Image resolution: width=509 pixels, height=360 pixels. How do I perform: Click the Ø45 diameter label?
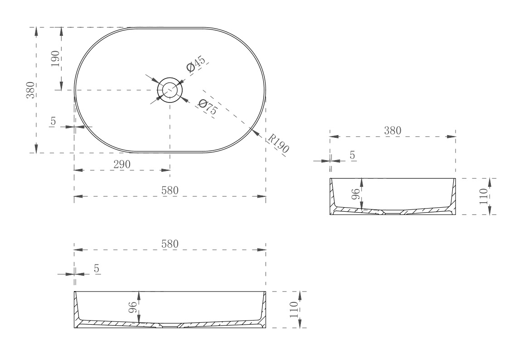pyautogui.click(x=196, y=64)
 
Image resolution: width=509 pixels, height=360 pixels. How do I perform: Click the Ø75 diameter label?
pyautogui.click(x=207, y=107)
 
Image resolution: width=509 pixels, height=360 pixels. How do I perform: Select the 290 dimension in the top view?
pyautogui.click(x=122, y=164)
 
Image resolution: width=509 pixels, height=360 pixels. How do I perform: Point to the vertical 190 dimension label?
pyautogui.click(x=55, y=59)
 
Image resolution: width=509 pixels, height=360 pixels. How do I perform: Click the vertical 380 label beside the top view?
pyautogui.click(x=31, y=90)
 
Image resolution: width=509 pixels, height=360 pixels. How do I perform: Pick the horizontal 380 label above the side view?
pyautogui.click(x=393, y=130)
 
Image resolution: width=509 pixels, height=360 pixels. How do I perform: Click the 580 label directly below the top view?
pyautogui.click(x=170, y=190)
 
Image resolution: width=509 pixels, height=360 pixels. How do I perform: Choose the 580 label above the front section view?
pyautogui.click(x=170, y=243)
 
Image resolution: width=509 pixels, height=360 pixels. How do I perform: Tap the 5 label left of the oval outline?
pyautogui.click(x=53, y=121)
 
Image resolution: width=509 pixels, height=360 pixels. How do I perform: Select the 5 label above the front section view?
pyautogui.click(x=96, y=268)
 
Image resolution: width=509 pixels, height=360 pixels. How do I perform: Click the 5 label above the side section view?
pyautogui.click(x=353, y=155)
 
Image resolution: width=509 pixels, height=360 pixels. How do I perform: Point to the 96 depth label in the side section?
pyautogui.click(x=356, y=195)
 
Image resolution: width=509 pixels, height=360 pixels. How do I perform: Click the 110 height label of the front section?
pyautogui.click(x=294, y=309)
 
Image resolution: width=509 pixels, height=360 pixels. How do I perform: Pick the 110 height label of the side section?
pyautogui.click(x=484, y=196)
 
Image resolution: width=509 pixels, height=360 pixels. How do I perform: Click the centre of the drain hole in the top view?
pyautogui.click(x=170, y=89)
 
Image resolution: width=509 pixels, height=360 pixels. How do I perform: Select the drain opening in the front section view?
pyautogui.click(x=170, y=325)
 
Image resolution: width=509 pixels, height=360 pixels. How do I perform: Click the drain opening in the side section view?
pyautogui.click(x=393, y=212)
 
